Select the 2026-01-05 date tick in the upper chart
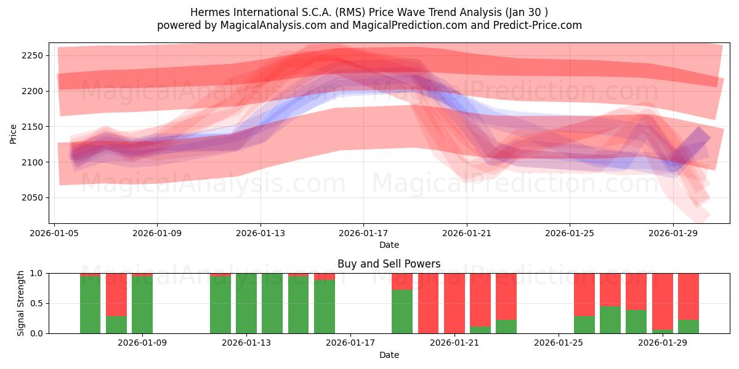point(55,233)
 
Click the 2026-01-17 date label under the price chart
point(363,233)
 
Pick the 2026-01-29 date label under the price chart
point(672,233)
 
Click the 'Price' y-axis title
point(13,133)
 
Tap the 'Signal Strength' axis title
point(21,303)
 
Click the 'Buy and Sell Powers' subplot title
point(389,264)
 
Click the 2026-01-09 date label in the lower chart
point(142,343)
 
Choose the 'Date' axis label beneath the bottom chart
point(389,355)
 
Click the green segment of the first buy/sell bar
point(90,305)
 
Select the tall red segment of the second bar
point(116,294)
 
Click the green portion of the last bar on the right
point(688,327)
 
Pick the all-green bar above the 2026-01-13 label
point(246,303)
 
